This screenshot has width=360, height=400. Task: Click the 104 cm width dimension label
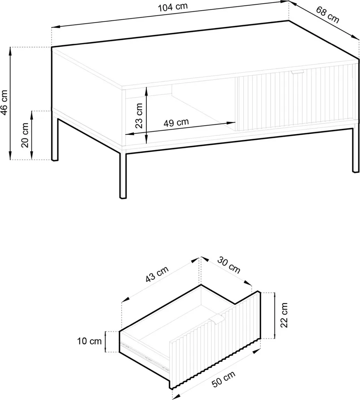173,7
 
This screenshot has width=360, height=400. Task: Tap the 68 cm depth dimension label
328,14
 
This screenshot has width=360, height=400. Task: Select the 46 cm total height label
5,103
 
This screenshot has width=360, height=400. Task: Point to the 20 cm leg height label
25,135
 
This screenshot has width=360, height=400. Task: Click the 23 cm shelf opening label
139,116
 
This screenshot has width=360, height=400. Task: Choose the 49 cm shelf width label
176,123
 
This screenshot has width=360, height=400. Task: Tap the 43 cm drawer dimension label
157,274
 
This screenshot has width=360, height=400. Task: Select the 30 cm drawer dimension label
229,265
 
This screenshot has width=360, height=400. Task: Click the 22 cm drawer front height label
284,315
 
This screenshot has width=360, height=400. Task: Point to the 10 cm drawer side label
89,341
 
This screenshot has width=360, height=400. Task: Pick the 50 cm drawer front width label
223,379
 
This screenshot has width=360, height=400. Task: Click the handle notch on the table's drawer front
297,72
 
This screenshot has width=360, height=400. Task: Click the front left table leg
123,175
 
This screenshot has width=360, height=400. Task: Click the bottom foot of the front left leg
123,197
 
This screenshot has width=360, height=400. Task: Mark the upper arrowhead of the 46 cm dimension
10,52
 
